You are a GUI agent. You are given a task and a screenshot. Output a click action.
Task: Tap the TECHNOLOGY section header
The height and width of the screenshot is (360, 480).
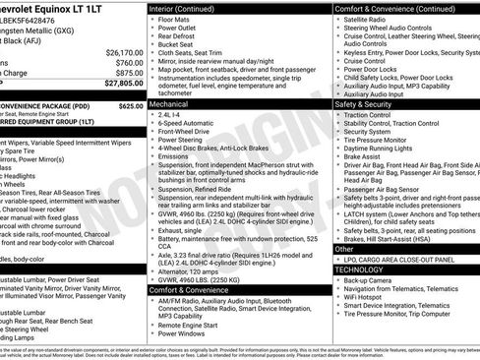point(359,269)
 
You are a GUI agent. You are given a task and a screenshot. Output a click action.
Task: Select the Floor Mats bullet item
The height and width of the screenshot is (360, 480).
point(174,19)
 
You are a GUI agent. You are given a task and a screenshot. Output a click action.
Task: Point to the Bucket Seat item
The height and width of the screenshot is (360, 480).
point(178,44)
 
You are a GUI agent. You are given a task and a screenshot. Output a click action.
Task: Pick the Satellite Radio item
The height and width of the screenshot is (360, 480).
point(369,19)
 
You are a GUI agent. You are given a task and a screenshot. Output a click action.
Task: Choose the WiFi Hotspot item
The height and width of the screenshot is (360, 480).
point(367,296)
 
